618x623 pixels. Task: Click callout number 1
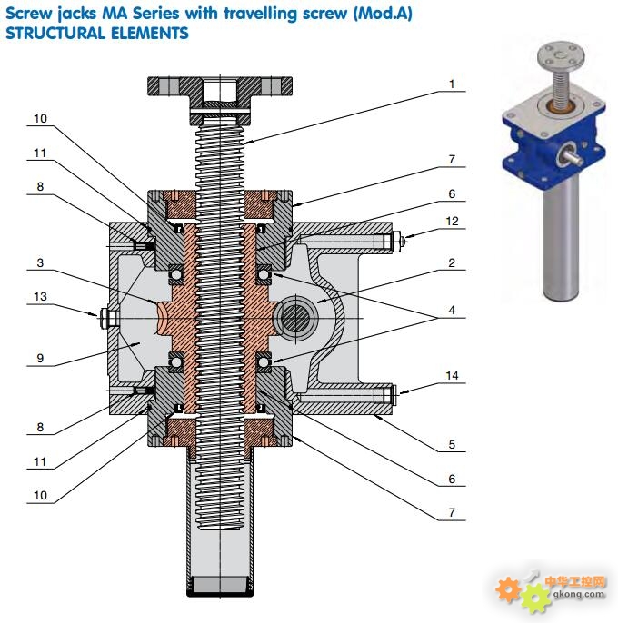click(451, 84)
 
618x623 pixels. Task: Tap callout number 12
click(452, 221)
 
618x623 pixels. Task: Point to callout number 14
click(452, 375)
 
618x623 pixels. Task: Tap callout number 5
click(452, 445)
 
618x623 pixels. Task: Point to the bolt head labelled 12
click(398, 242)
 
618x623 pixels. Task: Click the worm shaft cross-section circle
click(294, 319)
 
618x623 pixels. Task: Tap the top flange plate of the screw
click(220, 89)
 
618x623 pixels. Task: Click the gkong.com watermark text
click(577, 595)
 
